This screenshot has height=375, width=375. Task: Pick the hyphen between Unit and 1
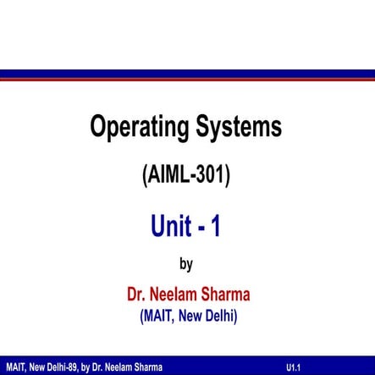tap(200, 228)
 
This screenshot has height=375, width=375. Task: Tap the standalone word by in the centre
tap(186, 264)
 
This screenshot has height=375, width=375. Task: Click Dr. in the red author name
tap(138, 295)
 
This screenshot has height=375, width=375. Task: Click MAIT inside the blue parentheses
tap(158, 317)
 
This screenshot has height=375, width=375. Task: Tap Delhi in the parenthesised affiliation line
tap(225, 317)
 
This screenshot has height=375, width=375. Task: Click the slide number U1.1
tap(295, 367)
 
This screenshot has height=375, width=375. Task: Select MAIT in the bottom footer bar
tap(14, 367)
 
